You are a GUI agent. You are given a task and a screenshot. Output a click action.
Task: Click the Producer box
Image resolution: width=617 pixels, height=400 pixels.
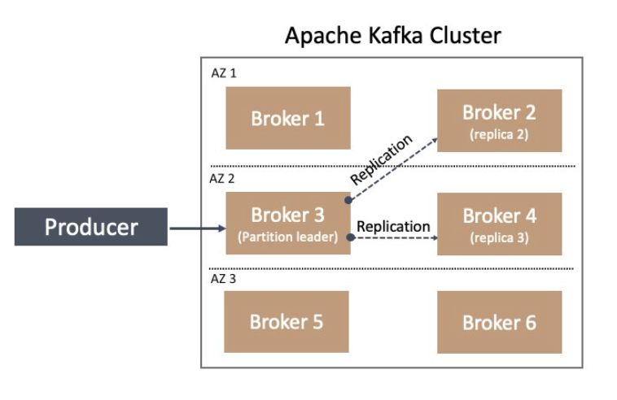tap(91, 227)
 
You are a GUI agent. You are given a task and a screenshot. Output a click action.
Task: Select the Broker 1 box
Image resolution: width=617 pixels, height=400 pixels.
tap(288, 118)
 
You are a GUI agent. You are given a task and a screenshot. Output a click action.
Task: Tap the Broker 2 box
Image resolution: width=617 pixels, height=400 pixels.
tap(499, 120)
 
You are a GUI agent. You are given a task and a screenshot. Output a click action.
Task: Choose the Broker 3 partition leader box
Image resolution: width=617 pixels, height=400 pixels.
tap(288, 224)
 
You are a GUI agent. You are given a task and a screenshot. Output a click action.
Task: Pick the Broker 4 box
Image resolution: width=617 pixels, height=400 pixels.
tap(499, 224)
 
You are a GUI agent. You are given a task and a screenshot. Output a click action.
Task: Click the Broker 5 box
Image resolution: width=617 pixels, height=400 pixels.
tap(287, 322)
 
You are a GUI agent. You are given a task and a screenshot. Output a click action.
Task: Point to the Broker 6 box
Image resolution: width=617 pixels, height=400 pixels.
tap(499, 322)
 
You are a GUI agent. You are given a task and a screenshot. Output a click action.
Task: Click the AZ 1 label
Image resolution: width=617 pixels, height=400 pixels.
tap(224, 73)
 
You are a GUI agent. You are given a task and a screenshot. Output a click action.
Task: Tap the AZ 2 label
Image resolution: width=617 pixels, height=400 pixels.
tap(222, 179)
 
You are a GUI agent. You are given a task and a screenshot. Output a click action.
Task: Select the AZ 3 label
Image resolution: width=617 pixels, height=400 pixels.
tap(223, 279)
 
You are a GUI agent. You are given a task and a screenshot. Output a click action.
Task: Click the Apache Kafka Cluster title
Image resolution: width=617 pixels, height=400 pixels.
tap(392, 35)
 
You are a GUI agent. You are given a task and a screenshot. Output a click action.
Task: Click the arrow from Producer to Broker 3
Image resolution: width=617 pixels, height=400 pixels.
tap(198, 228)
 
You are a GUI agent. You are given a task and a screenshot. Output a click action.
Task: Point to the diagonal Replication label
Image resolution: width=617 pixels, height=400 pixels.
tap(381, 159)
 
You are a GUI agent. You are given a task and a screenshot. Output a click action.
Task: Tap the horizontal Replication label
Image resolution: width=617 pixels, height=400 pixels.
tap(393, 226)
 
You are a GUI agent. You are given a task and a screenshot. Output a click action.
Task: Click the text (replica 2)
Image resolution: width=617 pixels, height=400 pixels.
tap(499, 134)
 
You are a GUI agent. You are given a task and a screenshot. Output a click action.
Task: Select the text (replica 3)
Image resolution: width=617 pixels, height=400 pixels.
tap(499, 237)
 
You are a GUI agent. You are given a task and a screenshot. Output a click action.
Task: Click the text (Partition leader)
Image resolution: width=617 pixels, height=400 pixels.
tap(287, 237)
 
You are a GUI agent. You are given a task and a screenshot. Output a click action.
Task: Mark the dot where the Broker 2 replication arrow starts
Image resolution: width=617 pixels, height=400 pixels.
tap(348, 200)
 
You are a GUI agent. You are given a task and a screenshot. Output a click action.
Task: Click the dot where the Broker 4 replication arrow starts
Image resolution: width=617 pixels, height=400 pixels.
tap(351, 237)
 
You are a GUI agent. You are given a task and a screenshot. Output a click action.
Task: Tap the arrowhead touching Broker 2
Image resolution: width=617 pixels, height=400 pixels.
tap(435, 141)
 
